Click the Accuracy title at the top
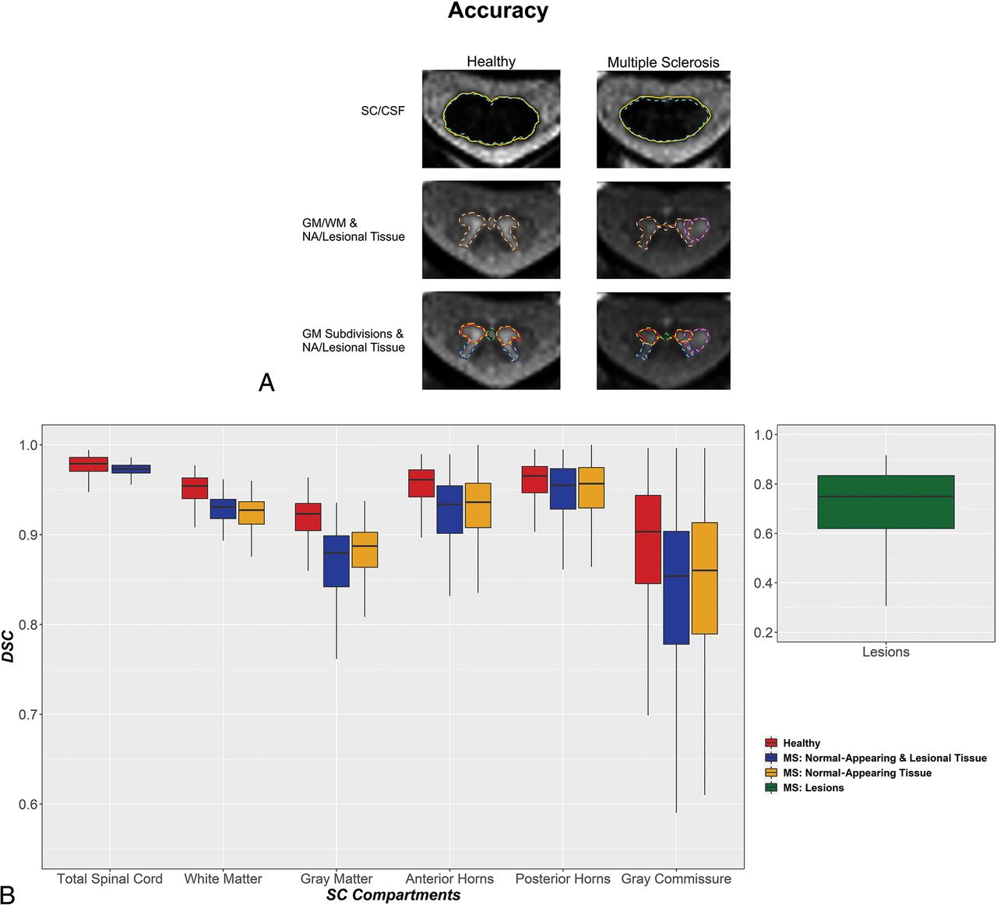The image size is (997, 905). point(498,12)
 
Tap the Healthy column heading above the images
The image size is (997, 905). point(491,62)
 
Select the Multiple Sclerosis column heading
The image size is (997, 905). point(663,62)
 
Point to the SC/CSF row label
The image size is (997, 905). point(382,111)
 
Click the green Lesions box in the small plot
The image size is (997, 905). point(886,502)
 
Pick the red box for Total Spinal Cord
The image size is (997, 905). point(88,464)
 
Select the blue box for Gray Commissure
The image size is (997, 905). point(676,588)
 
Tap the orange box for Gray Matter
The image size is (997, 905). point(365,550)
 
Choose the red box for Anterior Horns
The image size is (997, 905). point(421,483)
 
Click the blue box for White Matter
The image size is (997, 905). point(223,509)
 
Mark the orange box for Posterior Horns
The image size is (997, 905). point(591,488)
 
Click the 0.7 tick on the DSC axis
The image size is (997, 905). point(28,714)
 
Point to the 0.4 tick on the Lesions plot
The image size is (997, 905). point(764,583)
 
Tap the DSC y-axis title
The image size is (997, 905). point(9,646)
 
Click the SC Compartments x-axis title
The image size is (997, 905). point(393,895)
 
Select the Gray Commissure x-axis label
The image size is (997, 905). point(676,878)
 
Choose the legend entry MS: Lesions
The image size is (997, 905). point(813,788)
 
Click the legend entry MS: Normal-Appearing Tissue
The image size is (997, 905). point(857,773)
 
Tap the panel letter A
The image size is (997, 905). point(266,383)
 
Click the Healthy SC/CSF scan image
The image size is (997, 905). point(491,118)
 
